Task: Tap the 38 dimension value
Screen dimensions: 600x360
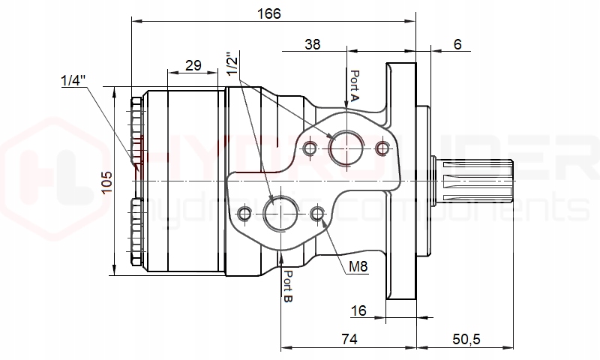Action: tap(313, 44)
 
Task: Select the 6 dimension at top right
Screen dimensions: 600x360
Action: tap(457, 44)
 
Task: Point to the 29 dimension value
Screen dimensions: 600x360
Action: tap(193, 65)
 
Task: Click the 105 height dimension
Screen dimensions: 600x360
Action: tap(106, 181)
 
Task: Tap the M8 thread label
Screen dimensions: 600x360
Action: tap(358, 267)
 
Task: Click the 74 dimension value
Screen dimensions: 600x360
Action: tap(348, 339)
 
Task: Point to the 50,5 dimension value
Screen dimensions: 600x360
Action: tap(466, 339)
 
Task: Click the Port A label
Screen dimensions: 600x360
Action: tap(355, 86)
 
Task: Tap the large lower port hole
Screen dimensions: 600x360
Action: tap(280, 214)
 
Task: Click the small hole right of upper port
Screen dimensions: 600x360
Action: tap(383, 148)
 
